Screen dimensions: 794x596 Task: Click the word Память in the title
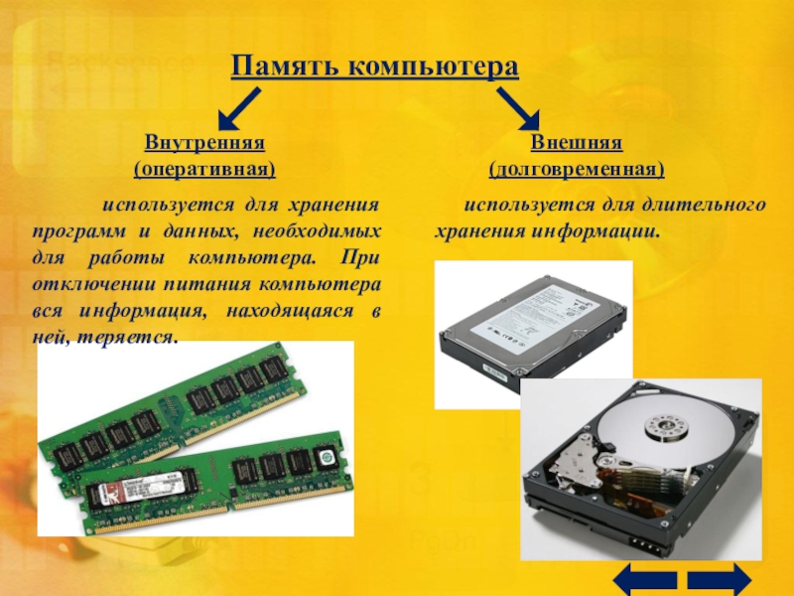click(x=285, y=66)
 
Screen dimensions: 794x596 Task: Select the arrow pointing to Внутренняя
click(x=239, y=108)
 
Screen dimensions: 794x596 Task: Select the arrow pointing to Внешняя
click(x=518, y=108)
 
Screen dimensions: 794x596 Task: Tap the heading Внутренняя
click(x=204, y=142)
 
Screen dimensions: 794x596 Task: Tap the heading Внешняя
click(x=577, y=142)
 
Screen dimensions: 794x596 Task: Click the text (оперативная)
click(x=204, y=169)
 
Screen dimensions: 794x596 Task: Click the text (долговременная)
click(x=577, y=169)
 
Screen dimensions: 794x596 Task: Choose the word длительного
click(x=704, y=206)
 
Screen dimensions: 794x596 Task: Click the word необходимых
click(x=317, y=231)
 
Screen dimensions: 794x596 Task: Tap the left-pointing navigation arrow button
click(x=644, y=579)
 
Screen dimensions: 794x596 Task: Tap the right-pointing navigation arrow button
click(x=719, y=579)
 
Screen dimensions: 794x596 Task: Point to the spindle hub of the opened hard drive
click(x=667, y=427)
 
